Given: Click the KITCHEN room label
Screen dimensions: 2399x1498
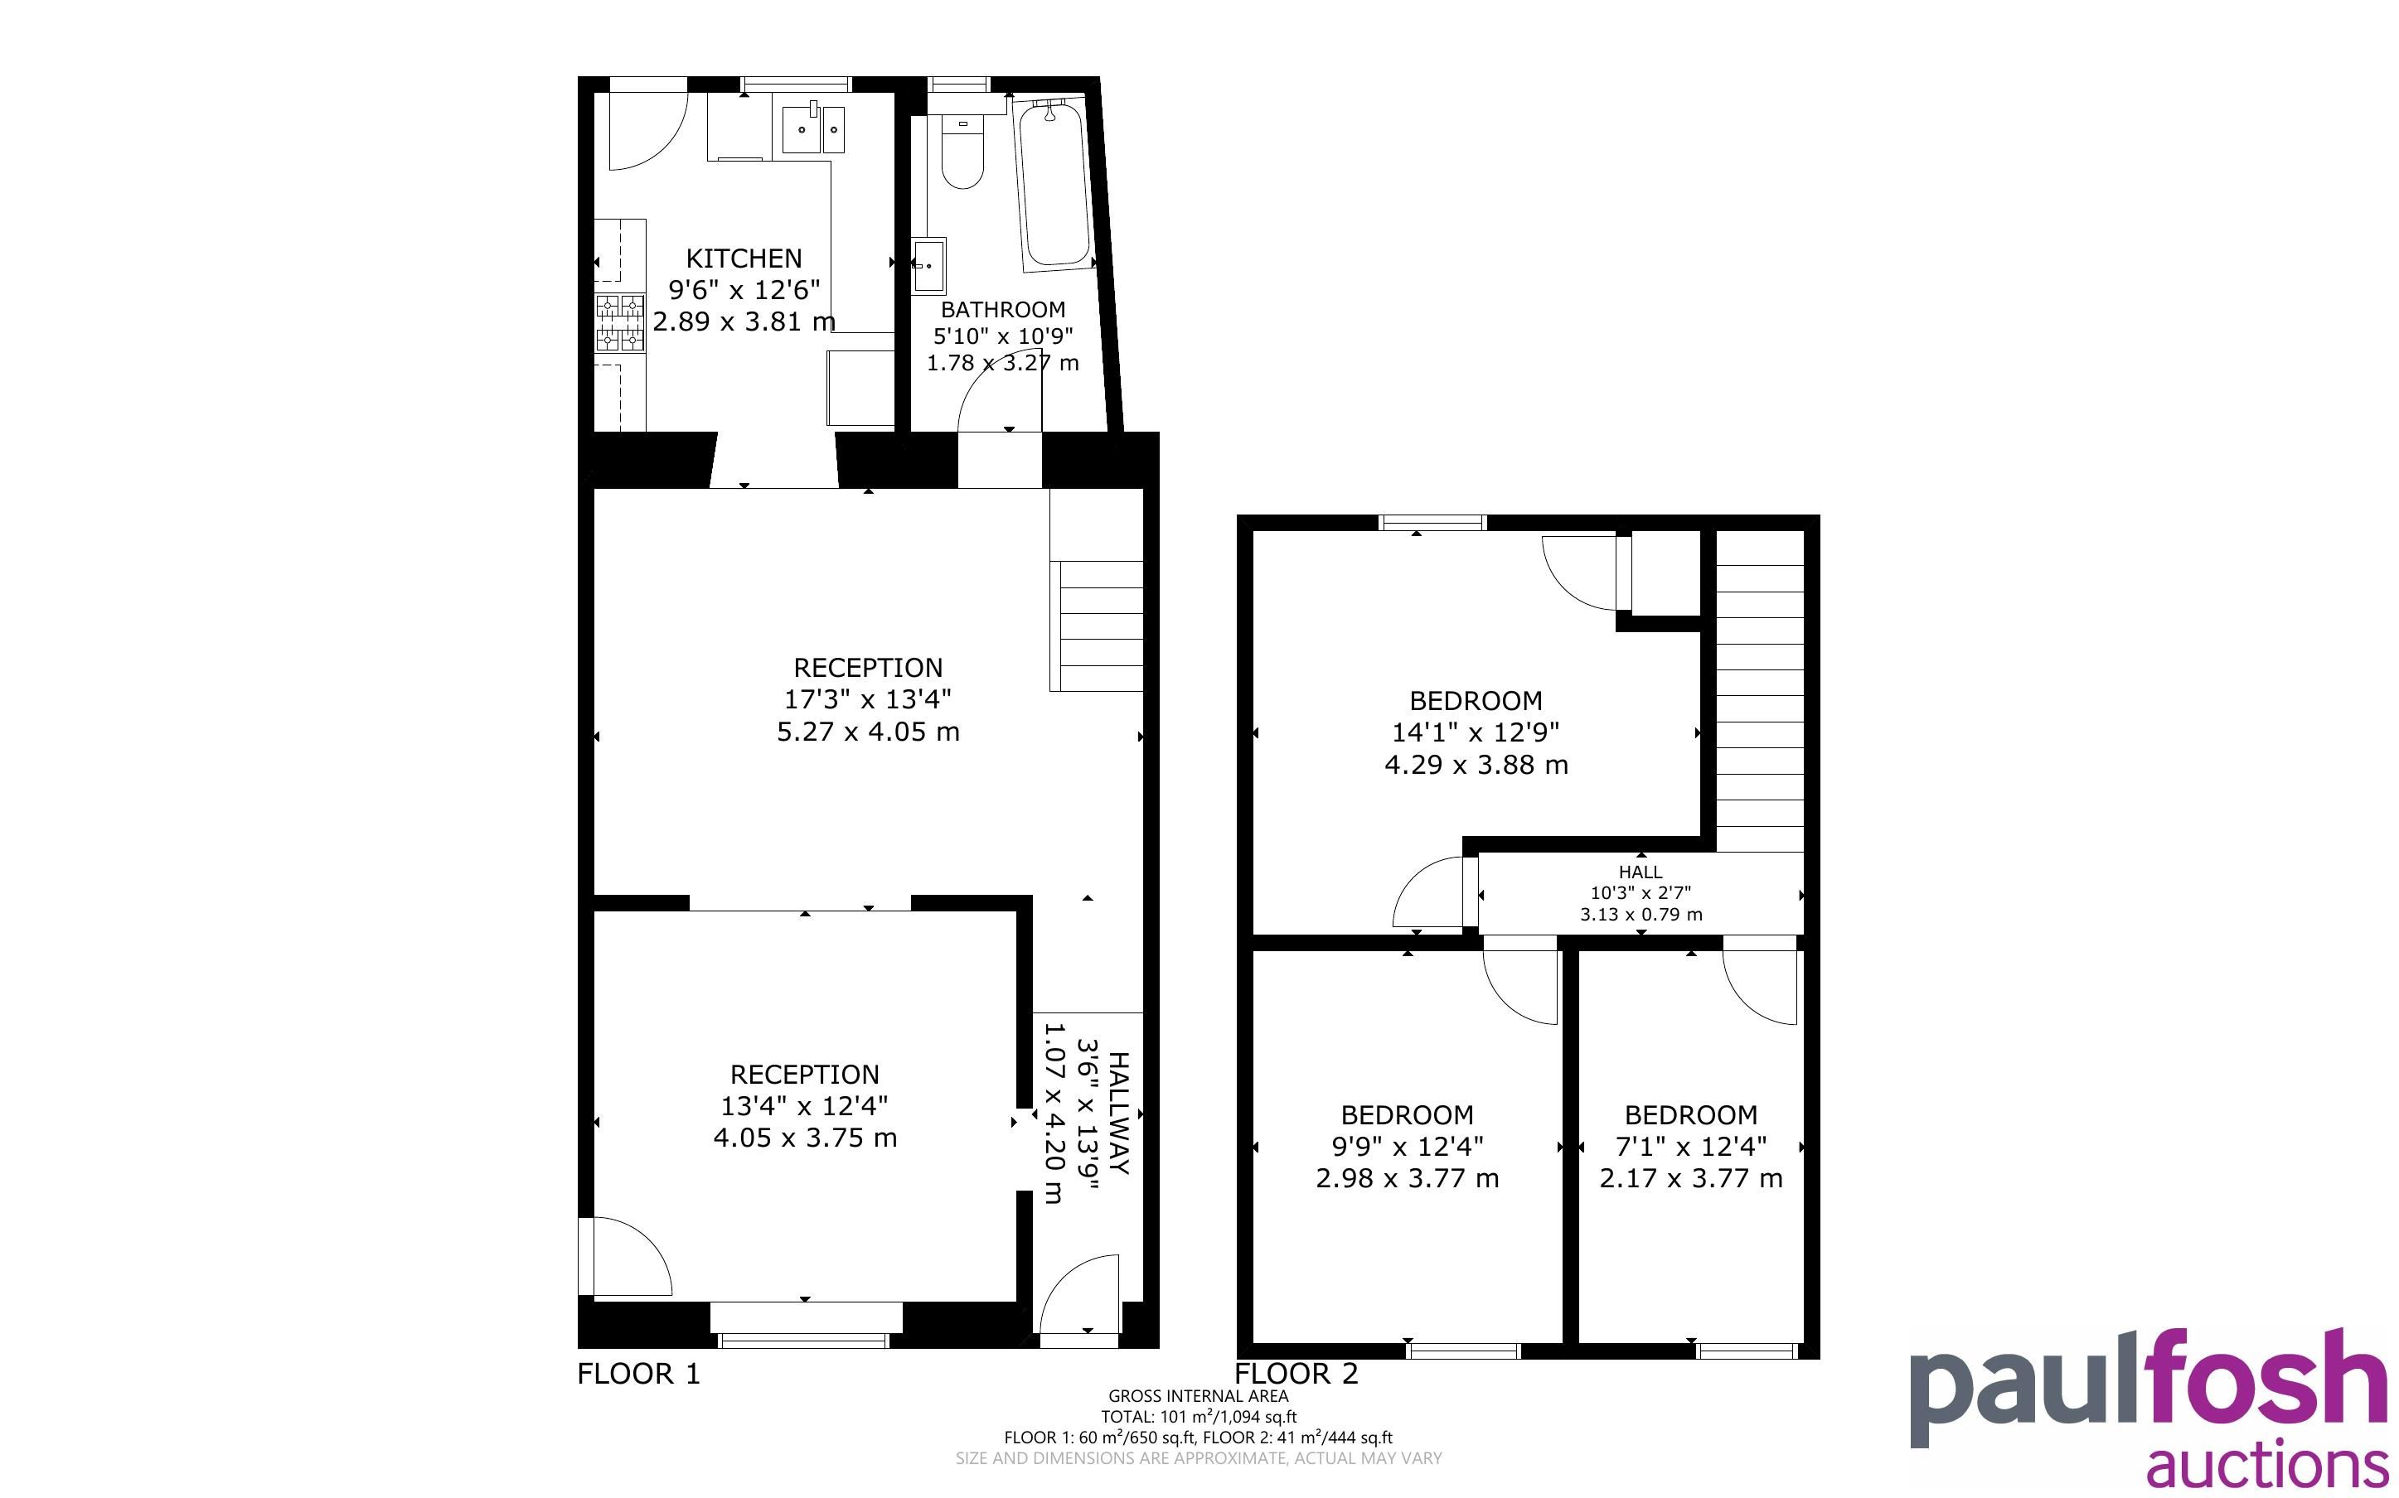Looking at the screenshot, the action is pyautogui.click(x=744, y=259).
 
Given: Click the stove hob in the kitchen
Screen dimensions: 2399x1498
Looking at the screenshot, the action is pyautogui.click(x=619, y=323).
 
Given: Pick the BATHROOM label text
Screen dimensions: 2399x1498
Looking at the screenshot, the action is pyautogui.click(x=1003, y=309).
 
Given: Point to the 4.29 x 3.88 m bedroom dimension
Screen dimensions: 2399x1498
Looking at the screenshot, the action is pyautogui.click(x=1476, y=765).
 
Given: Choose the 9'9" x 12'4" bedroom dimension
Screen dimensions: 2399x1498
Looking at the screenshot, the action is pyautogui.click(x=1407, y=1147).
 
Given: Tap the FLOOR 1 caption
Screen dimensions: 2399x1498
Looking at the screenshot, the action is pyautogui.click(x=638, y=1375).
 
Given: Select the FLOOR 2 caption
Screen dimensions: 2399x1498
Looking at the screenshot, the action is pyautogui.click(x=1296, y=1375).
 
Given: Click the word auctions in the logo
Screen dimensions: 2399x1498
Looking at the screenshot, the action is pyautogui.click(x=2266, y=1463).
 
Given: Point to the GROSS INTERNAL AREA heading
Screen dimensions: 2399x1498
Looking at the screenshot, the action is pyautogui.click(x=1198, y=1397).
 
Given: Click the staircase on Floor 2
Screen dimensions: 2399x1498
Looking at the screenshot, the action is pyautogui.click(x=1759, y=692).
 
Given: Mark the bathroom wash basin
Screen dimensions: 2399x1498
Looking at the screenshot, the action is pyautogui.click(x=928, y=265).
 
